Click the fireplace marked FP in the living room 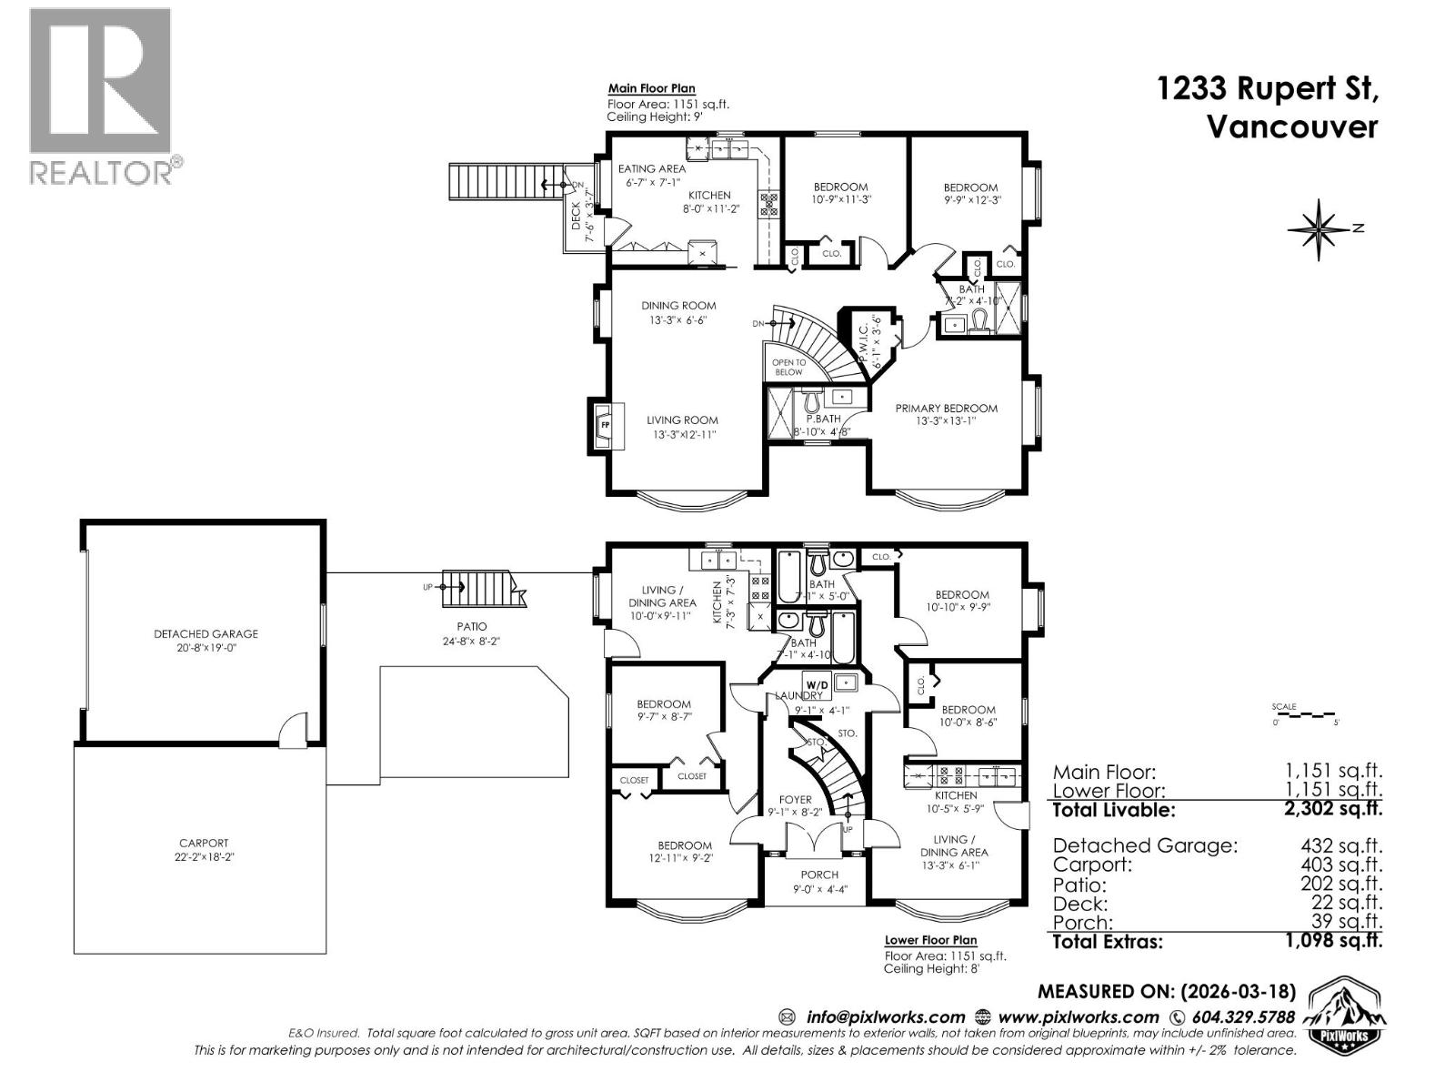coord(605,425)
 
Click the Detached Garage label coord(206,634)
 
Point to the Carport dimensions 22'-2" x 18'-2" coord(204,856)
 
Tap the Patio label coord(472,626)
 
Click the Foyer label coord(795,800)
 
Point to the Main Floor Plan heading coord(651,89)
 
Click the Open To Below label coord(788,367)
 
